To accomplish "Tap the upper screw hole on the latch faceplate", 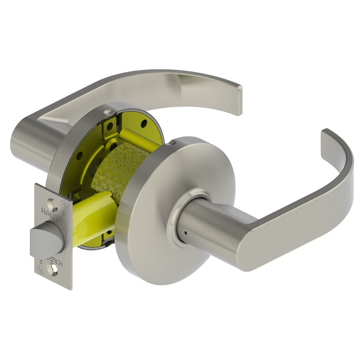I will (54, 204).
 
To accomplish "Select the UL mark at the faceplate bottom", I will (41, 268).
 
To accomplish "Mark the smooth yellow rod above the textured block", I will (139, 139).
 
